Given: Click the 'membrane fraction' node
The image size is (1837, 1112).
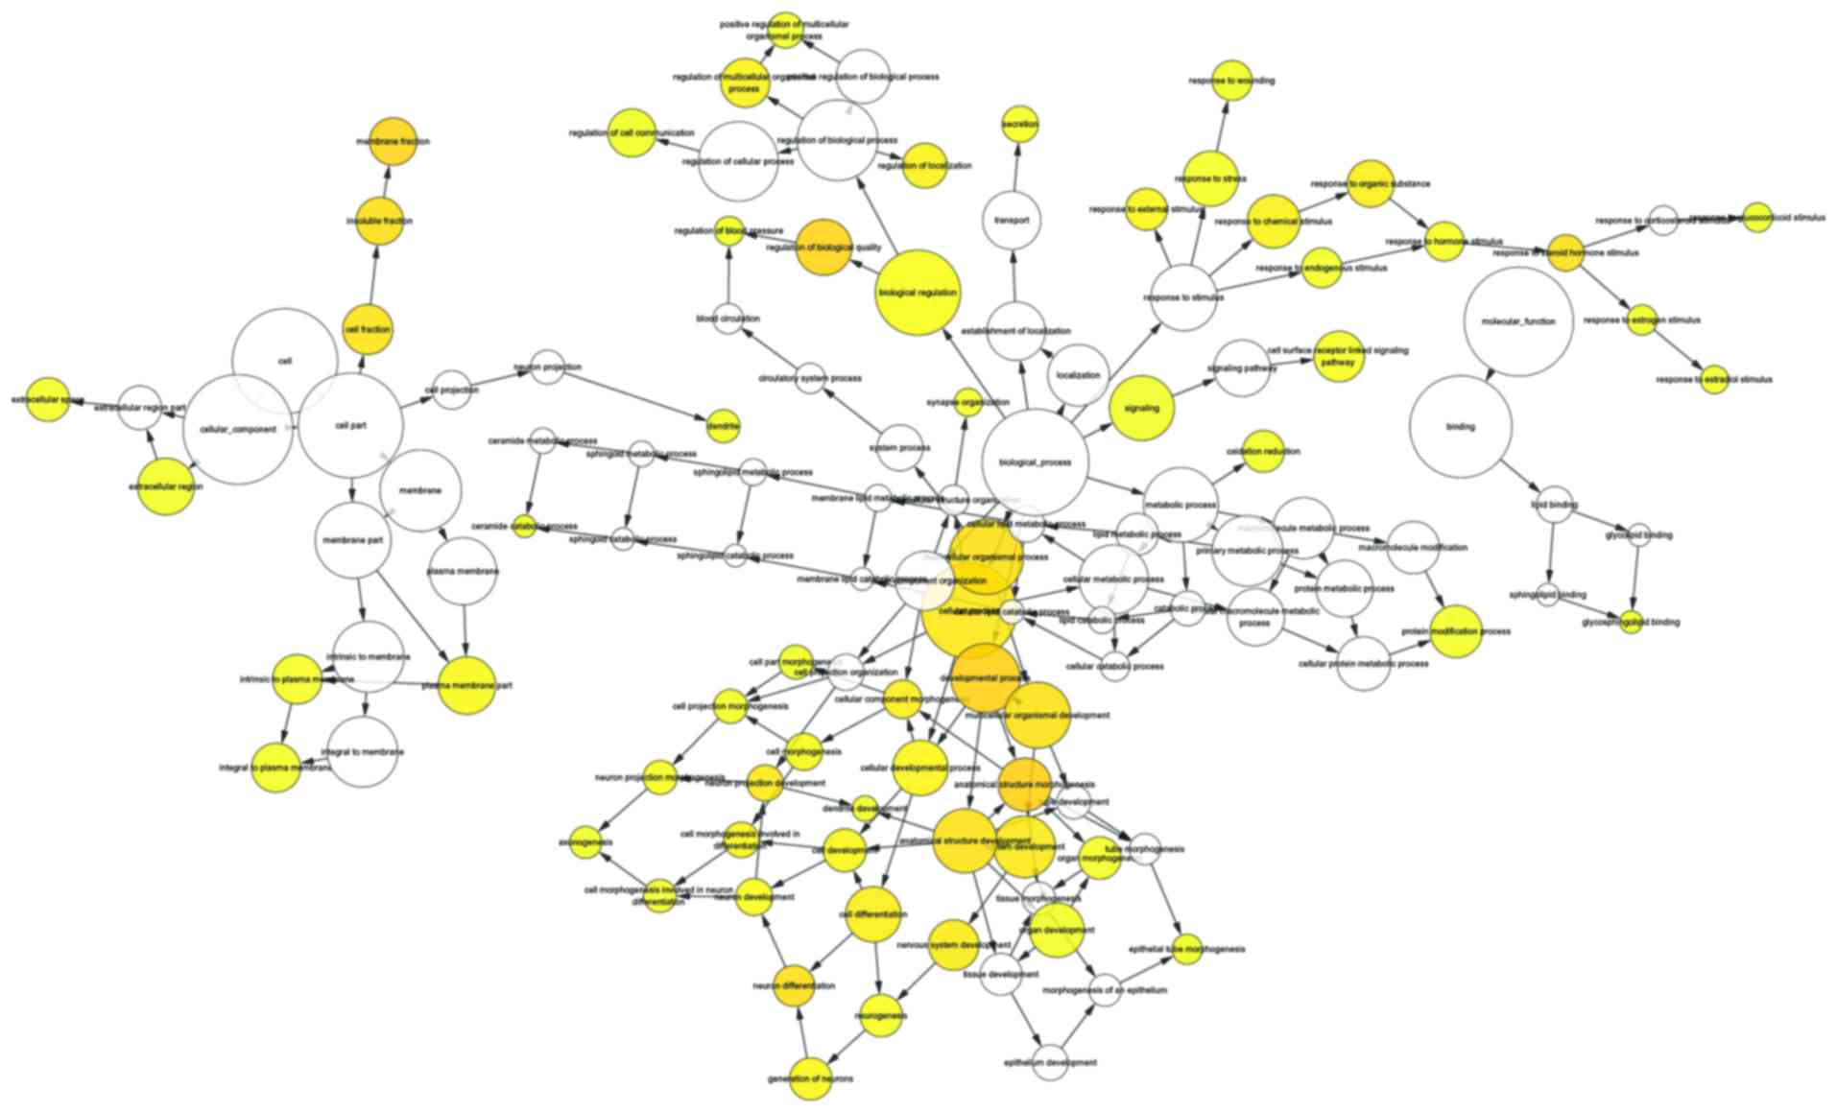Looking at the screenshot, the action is tap(393, 141).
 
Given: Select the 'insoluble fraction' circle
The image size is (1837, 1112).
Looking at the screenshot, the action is tap(380, 221).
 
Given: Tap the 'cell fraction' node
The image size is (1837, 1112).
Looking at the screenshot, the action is tap(367, 329).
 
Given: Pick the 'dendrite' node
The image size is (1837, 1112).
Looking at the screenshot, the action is tap(723, 426).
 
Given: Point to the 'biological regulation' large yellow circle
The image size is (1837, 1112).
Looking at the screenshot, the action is tap(918, 293).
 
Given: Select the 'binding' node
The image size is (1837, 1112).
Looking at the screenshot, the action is tap(1460, 426).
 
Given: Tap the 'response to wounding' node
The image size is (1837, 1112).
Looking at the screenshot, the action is tap(1231, 81).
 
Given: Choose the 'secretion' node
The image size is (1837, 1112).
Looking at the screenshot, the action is tap(1019, 125).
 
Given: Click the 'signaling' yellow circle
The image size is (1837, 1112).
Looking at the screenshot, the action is tap(1141, 408).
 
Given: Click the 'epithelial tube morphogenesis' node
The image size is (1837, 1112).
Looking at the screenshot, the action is tap(1187, 949).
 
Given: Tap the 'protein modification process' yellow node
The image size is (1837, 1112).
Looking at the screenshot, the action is tap(1456, 631).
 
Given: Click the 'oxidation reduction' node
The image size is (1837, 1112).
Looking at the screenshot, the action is tap(1264, 451).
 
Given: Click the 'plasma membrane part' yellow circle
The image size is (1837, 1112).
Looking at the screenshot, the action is tap(467, 685).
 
